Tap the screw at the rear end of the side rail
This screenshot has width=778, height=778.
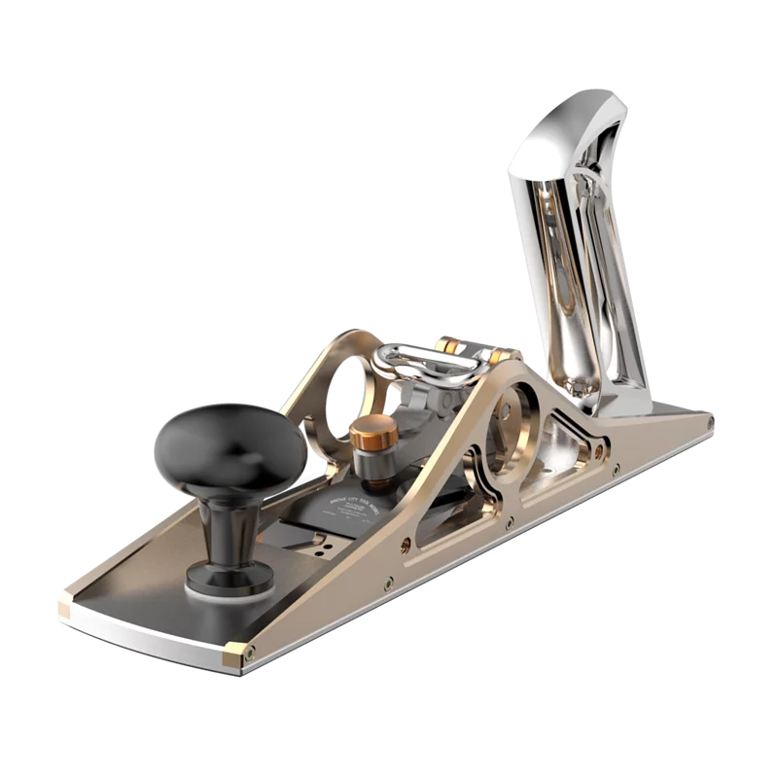click(x=711, y=421)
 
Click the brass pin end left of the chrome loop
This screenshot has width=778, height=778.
click(x=448, y=346)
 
